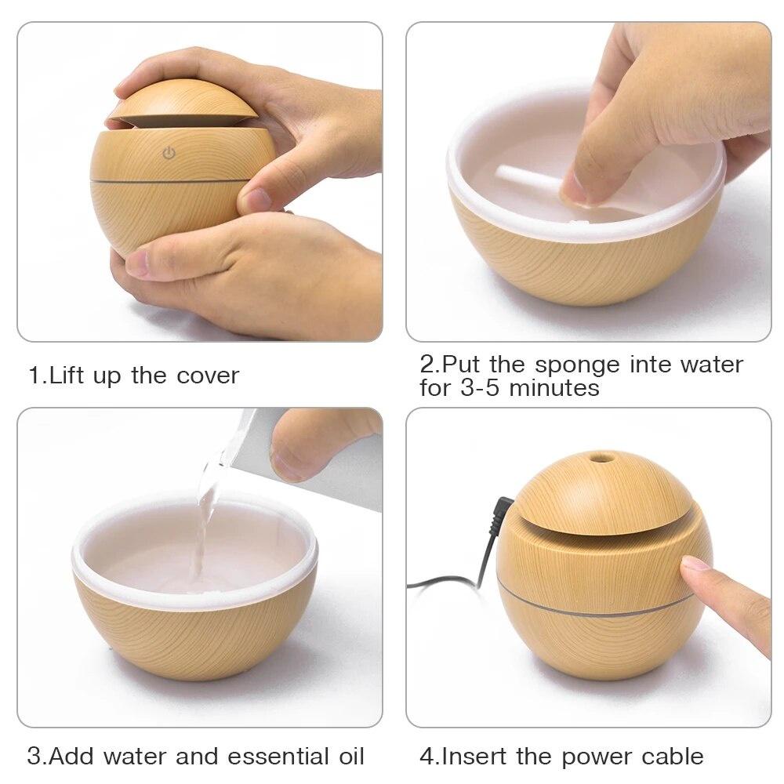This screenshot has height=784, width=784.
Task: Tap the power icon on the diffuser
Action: pos(169,154)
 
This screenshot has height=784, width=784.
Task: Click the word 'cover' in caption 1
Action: pos(207,375)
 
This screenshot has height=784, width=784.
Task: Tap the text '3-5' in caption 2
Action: pos(479,388)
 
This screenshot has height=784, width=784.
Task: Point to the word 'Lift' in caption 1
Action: pos(68,375)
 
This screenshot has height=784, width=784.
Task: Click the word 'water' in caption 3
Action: pos(135,757)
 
